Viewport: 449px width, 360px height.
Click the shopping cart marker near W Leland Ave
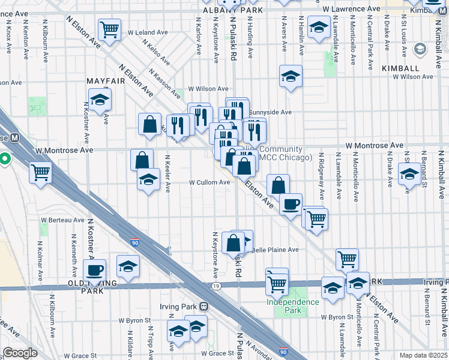pos(110,29)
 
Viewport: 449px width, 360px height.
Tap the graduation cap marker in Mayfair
pos(100,99)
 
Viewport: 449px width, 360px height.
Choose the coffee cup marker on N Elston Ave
pos(291,204)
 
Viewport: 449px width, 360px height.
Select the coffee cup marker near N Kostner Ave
pos(94,270)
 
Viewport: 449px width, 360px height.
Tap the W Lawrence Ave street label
pos(351,10)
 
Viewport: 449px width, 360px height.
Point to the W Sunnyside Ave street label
pos(270,112)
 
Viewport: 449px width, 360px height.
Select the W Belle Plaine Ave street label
pos(274,250)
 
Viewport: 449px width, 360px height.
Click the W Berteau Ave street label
pos(64,220)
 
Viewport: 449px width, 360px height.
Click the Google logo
pos(20,353)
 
